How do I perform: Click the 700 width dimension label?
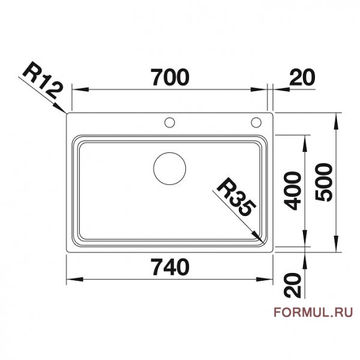(x=169, y=77)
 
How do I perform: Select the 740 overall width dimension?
(x=170, y=266)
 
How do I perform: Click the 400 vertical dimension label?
(x=292, y=191)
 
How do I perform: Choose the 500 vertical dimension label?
(x=324, y=183)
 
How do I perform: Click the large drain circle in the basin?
(x=170, y=168)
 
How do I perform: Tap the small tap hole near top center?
(x=170, y=123)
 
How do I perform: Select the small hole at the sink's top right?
(x=256, y=123)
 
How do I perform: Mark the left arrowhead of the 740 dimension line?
(x=68, y=280)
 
